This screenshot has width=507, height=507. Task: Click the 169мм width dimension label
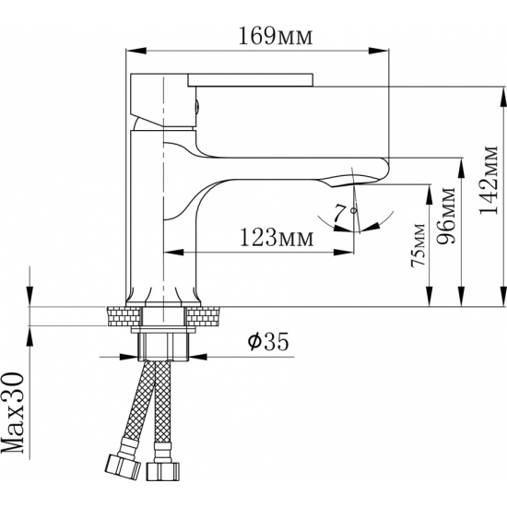click(276, 36)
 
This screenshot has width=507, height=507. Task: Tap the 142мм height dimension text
click(488, 181)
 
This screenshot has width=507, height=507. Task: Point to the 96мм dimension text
click(445, 215)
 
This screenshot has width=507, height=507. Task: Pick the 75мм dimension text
click(418, 245)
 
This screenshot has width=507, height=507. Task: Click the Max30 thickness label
click(13, 413)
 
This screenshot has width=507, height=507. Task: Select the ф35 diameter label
click(267, 342)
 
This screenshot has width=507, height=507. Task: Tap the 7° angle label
click(345, 213)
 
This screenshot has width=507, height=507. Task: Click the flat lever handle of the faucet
click(251, 80)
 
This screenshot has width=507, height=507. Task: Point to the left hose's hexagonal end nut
click(124, 466)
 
